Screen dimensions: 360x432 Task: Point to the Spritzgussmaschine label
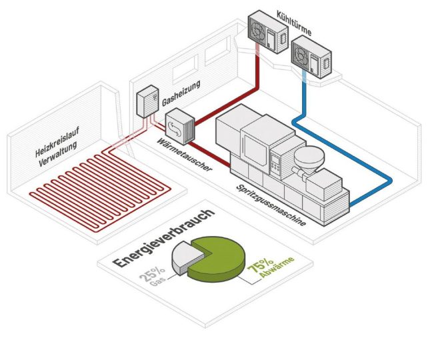tap(270, 204)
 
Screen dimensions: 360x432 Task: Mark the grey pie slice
tap(188, 257)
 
